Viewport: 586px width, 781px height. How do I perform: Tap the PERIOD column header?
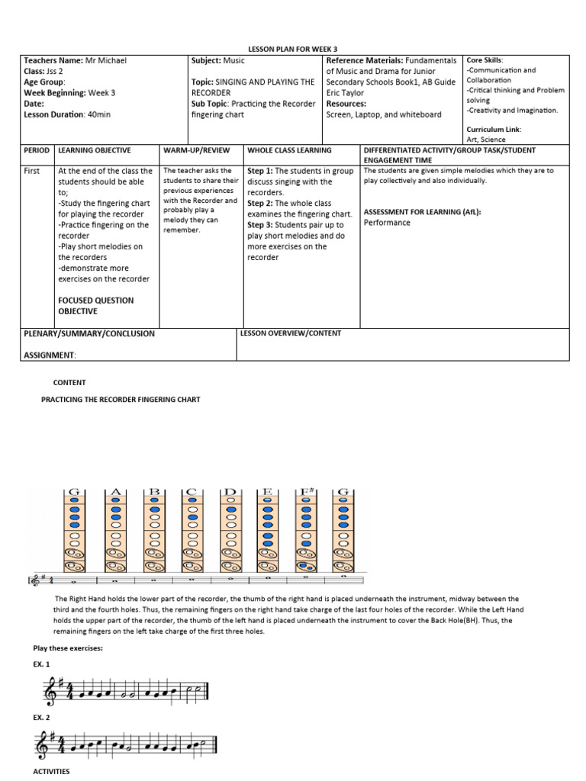pyautogui.click(x=37, y=151)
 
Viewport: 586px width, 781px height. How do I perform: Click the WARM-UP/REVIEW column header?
pyautogui.click(x=195, y=151)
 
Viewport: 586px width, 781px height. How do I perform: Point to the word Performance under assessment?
pyautogui.click(x=387, y=223)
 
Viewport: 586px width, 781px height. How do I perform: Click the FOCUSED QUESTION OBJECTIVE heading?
pyautogui.click(x=95, y=305)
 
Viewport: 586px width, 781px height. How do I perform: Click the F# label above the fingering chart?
pyautogui.click(x=306, y=493)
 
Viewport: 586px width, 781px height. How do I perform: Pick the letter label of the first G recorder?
pyautogui.click(x=76, y=493)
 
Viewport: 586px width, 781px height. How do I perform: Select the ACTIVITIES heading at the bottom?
pyautogui.click(x=51, y=772)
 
